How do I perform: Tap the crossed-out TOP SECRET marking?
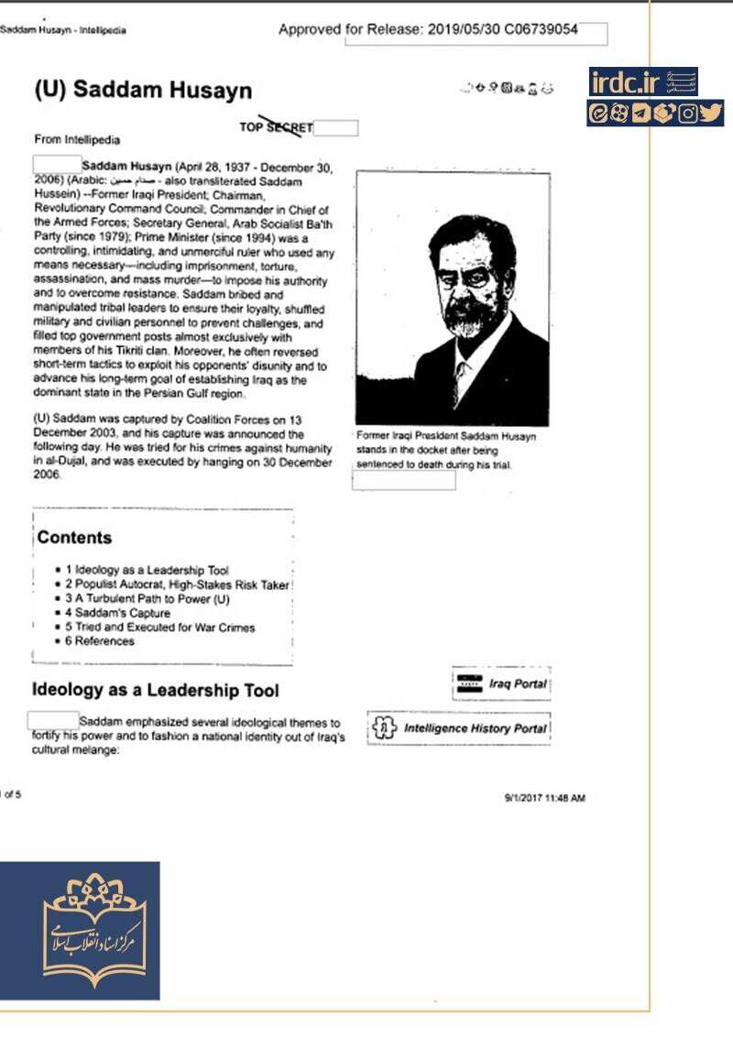click(x=276, y=127)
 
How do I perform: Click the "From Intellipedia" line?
click(x=77, y=140)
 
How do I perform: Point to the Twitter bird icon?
click(x=711, y=114)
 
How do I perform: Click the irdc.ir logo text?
click(x=626, y=82)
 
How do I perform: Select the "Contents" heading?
click(x=74, y=538)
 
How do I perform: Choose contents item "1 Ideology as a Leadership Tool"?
click(x=147, y=570)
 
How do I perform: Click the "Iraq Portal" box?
click(x=501, y=683)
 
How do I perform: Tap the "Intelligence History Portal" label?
click(x=475, y=728)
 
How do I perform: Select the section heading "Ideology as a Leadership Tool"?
click(x=156, y=690)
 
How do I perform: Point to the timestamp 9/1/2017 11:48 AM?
click(x=544, y=798)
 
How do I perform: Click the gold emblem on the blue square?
click(x=94, y=930)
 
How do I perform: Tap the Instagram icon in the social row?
click(x=688, y=114)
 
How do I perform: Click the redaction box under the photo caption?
click(x=403, y=480)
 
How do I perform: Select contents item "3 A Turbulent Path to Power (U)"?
click(x=147, y=599)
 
